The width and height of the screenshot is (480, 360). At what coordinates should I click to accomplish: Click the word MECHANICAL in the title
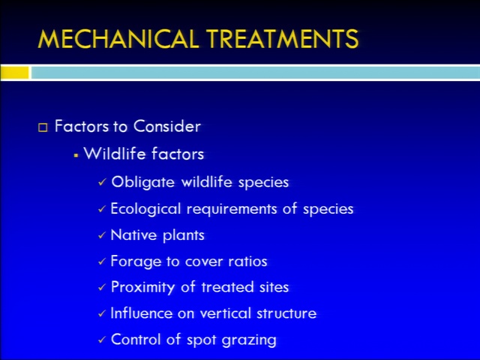118,39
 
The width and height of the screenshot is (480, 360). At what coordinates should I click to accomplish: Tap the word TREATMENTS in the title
282,39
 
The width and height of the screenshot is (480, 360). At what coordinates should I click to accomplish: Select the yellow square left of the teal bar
14,73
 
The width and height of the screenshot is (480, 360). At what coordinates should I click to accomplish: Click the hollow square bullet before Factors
43,127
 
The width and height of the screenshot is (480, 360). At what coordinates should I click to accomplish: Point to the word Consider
166,126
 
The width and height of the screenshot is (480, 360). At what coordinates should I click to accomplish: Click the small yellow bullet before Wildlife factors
76,155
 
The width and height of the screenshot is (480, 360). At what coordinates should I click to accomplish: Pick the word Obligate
142,182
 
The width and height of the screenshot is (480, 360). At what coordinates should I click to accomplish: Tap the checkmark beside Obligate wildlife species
102,182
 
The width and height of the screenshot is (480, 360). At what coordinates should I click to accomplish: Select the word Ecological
145,209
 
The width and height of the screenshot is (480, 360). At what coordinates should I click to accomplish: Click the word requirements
232,209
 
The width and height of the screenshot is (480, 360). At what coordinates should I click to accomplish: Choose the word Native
133,235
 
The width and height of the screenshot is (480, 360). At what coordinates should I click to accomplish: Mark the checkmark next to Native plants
102,235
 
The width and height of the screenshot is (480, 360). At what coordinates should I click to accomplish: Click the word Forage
136,262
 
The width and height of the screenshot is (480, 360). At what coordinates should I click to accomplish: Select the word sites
274,287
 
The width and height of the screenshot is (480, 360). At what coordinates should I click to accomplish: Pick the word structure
286,313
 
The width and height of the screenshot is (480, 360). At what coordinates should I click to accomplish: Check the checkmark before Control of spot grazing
102,340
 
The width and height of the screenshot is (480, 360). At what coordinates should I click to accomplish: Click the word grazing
249,340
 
